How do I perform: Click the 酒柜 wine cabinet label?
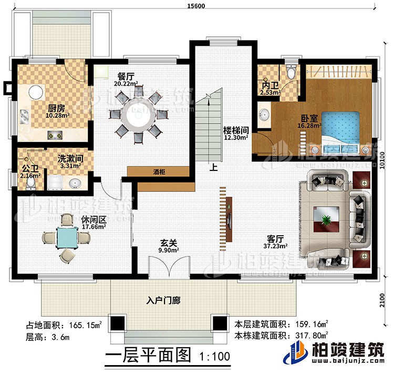pyautogui.click(x=158, y=172)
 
